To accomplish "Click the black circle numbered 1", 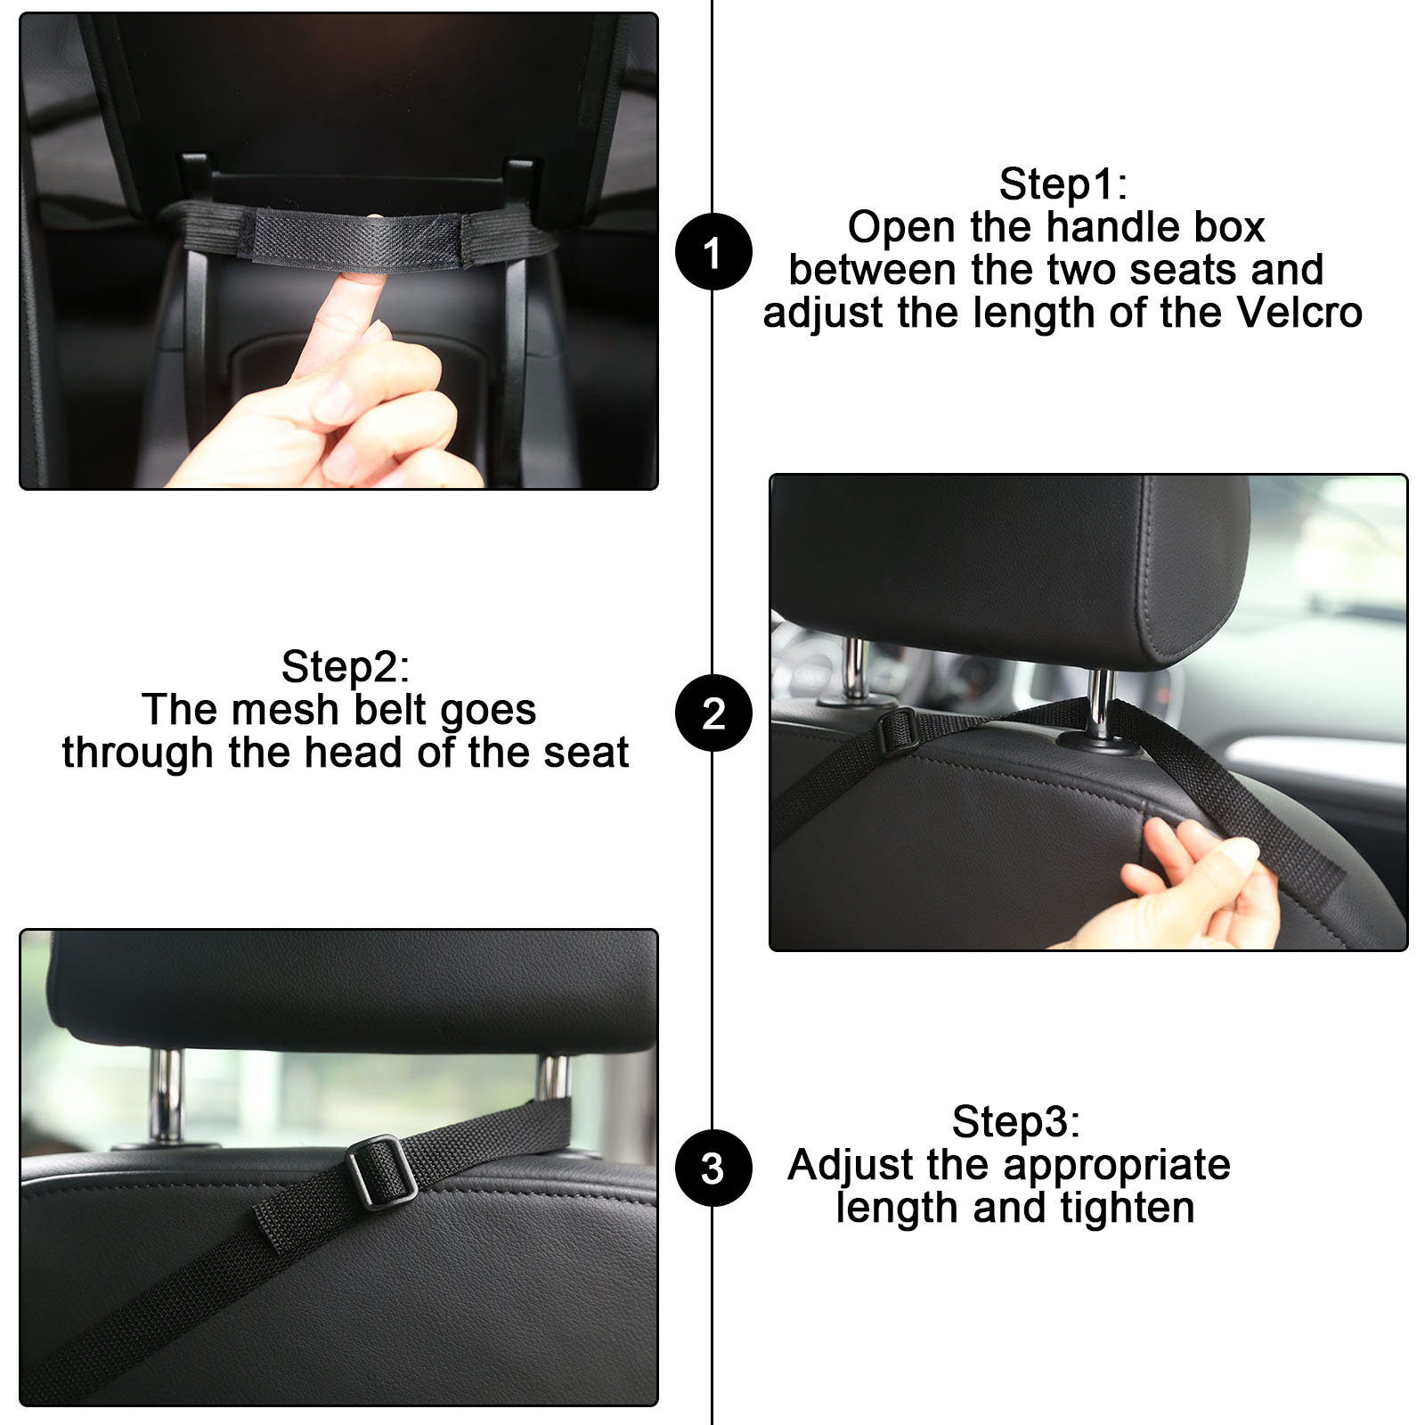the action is (x=713, y=252).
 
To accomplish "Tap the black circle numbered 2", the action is (x=713, y=712).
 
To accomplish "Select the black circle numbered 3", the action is (x=713, y=1168).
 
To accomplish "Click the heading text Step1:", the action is (x=1063, y=185).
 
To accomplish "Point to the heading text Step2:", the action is (x=345, y=667).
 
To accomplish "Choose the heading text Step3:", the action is (x=1015, y=1122).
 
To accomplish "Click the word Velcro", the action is (x=1299, y=313).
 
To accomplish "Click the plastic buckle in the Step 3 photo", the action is (x=380, y=1171).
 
